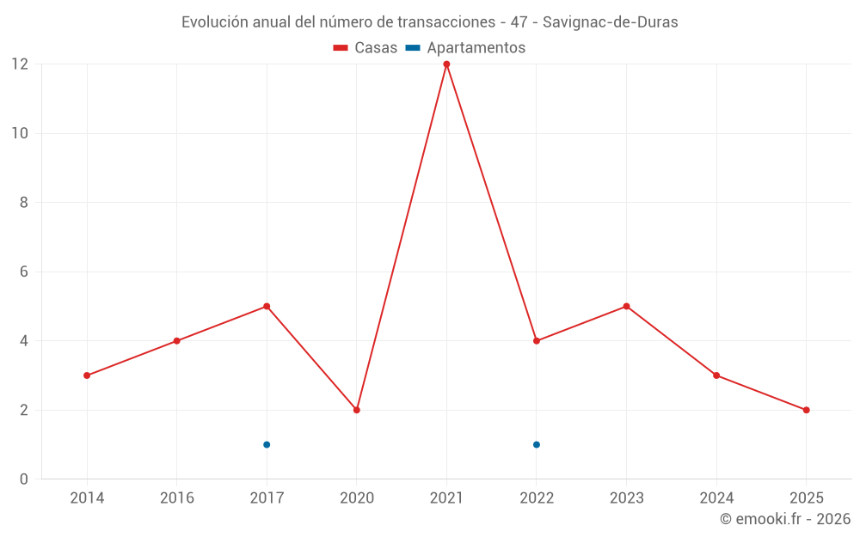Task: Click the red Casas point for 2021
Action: click(x=446, y=64)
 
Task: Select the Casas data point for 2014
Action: click(x=87, y=375)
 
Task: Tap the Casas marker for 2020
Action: click(x=357, y=410)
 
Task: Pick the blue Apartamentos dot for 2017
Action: click(x=267, y=444)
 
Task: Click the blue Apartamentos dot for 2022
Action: click(x=537, y=444)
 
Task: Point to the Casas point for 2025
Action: click(x=806, y=410)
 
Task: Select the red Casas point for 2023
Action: click(x=626, y=306)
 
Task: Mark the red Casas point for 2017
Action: click(x=267, y=306)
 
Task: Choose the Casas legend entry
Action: click(x=365, y=48)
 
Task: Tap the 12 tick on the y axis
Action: click(x=19, y=64)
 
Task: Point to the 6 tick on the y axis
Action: click(x=24, y=272)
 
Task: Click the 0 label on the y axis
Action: click(x=24, y=479)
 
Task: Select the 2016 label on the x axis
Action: click(x=177, y=498)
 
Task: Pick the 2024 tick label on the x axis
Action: click(x=716, y=498)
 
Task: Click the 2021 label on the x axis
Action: click(x=446, y=498)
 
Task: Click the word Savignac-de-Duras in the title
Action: click(x=610, y=22)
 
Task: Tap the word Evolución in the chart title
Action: click(x=215, y=22)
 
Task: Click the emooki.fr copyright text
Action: click(x=785, y=519)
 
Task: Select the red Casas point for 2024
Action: click(x=716, y=375)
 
